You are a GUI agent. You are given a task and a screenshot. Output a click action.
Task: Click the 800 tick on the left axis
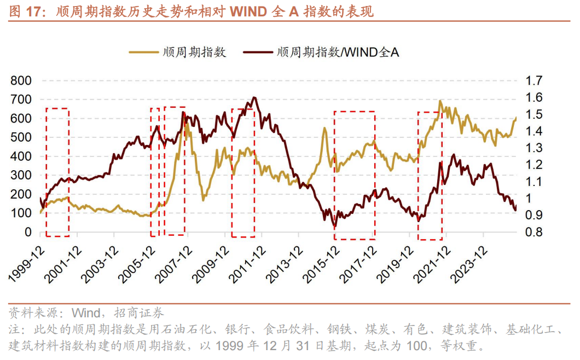(21, 81)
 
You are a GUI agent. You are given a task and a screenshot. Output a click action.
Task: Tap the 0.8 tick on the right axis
(533, 233)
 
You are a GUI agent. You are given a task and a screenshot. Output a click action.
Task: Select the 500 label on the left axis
(21, 138)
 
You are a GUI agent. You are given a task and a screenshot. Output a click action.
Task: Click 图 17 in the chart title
(26, 11)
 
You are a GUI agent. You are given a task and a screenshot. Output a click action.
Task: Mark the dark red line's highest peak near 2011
(254, 98)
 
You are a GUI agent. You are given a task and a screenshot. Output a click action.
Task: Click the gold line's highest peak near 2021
(440, 101)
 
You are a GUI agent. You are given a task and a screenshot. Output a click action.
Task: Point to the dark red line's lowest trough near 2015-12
(335, 225)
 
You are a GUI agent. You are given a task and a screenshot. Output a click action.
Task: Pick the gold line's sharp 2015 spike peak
(324, 128)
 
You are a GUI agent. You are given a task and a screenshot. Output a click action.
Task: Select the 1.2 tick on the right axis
(533, 165)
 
